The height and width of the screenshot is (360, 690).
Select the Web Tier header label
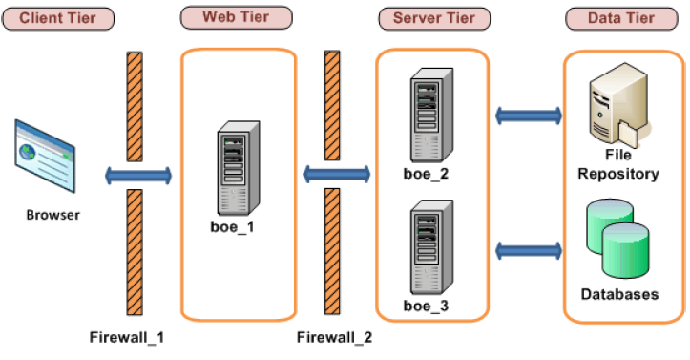pyautogui.click(x=235, y=18)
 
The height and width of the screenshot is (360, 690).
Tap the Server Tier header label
pyautogui.click(x=433, y=18)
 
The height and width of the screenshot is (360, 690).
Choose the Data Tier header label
pyautogui.click(x=621, y=18)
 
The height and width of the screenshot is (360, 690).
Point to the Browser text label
pyautogui.click(x=52, y=215)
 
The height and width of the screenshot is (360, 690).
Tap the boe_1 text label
pyautogui.click(x=233, y=228)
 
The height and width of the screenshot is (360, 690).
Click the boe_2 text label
pyautogui.click(x=427, y=175)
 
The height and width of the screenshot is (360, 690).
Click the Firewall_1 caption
pyautogui.click(x=126, y=337)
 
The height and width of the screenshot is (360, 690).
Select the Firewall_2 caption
pyautogui.click(x=334, y=337)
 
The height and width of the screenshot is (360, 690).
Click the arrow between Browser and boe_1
pyautogui.click(x=138, y=176)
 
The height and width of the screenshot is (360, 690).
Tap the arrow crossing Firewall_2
pyautogui.click(x=336, y=175)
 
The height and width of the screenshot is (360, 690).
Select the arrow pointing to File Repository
pyautogui.click(x=528, y=116)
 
